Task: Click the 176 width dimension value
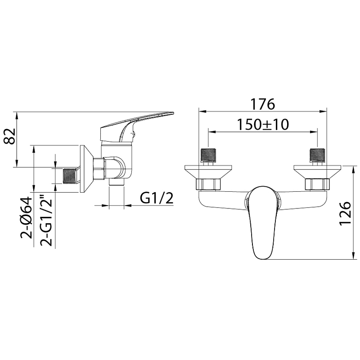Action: click(262, 104)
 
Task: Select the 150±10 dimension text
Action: click(262, 125)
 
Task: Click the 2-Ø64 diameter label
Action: click(26, 218)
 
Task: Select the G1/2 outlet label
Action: click(157, 198)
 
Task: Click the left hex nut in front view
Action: click(208, 184)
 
